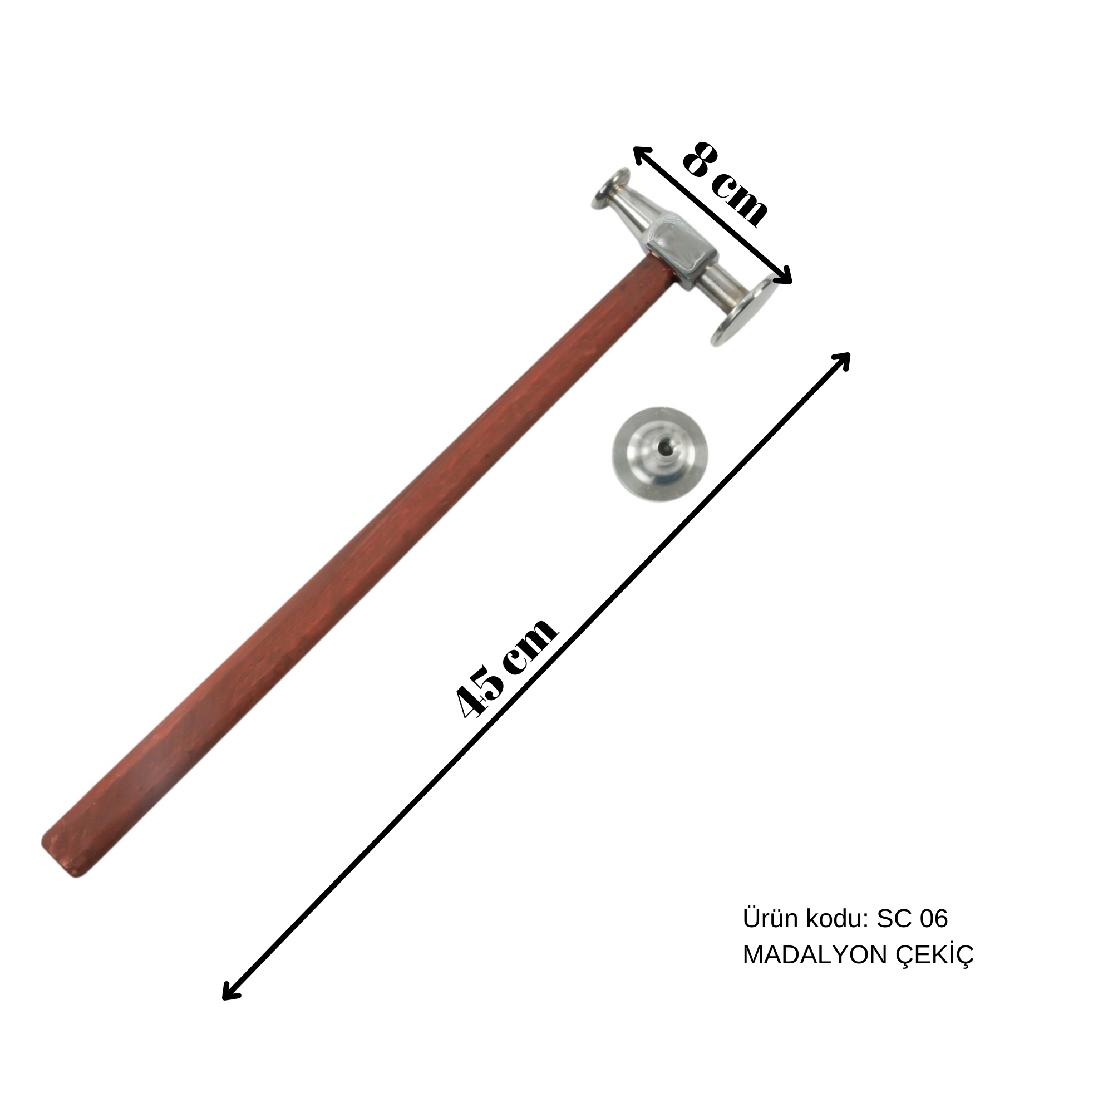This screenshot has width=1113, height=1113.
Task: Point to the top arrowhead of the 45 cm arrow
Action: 845,357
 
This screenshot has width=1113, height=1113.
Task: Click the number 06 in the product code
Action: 933,919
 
